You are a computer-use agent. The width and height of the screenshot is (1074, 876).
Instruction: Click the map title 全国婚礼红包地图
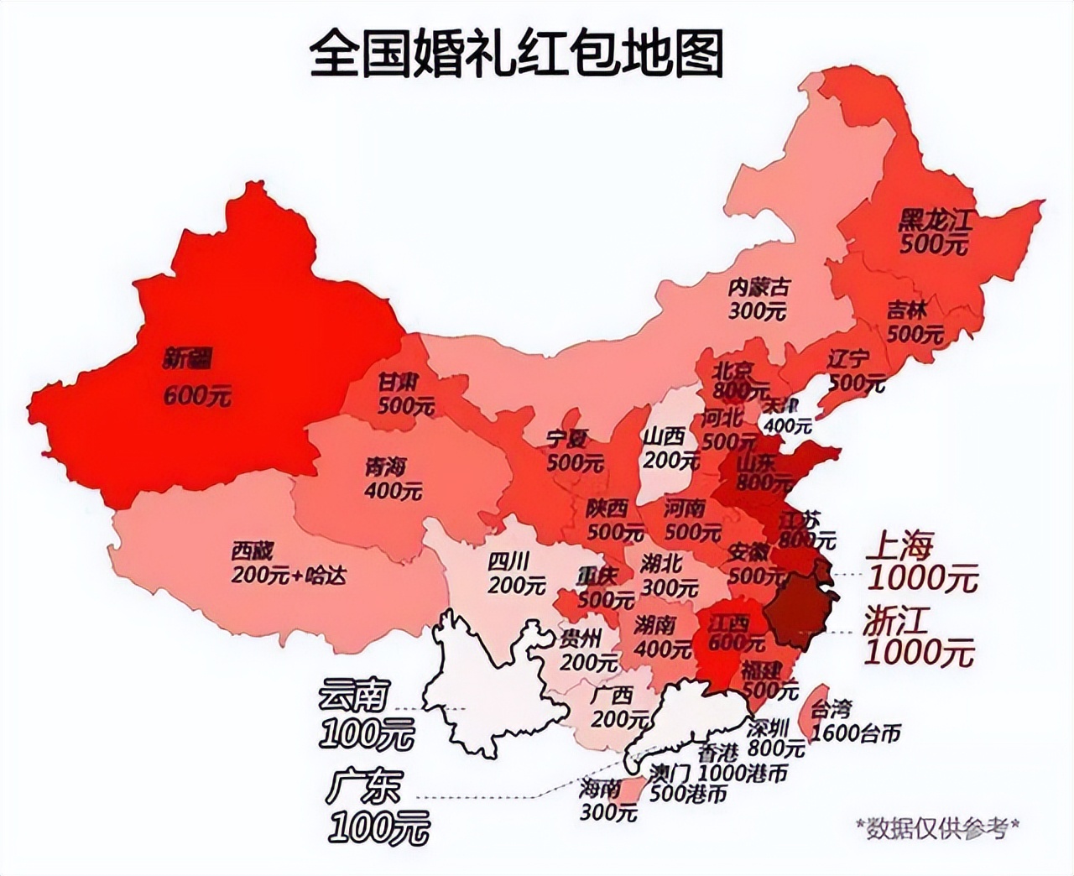tap(515, 54)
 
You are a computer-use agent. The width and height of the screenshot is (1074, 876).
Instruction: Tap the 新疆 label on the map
tap(188, 360)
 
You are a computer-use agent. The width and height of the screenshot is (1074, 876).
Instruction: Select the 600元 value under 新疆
tap(197, 395)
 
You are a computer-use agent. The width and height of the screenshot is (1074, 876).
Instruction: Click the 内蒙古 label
tap(759, 287)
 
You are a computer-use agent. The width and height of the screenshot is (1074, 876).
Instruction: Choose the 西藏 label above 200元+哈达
tap(253, 551)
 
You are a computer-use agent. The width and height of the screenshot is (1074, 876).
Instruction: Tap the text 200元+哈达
tap(289, 576)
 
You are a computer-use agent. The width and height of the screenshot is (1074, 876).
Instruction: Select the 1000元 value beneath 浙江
tap(920, 652)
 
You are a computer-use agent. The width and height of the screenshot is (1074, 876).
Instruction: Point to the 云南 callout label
tap(354, 696)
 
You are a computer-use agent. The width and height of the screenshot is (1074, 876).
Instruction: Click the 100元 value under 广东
tap(378, 828)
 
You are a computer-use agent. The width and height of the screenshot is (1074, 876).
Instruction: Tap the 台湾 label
tap(831, 709)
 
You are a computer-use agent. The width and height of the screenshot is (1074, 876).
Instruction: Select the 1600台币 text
tap(856, 733)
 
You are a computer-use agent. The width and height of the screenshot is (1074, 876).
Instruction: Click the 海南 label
tap(600, 788)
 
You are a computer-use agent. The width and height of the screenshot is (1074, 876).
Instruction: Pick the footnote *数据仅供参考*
tap(937, 827)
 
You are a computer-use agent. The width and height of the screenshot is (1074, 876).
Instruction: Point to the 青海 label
tap(385, 466)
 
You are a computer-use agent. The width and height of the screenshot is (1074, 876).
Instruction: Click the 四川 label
tap(508, 561)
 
